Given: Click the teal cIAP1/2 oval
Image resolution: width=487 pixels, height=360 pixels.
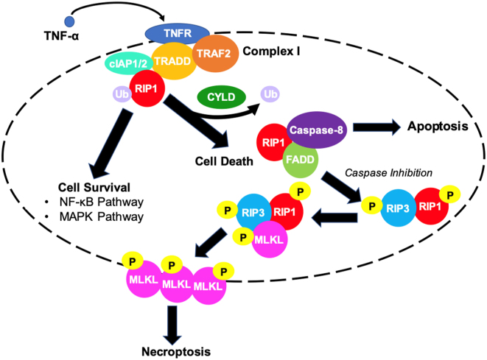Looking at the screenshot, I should pyautogui.click(x=127, y=65).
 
